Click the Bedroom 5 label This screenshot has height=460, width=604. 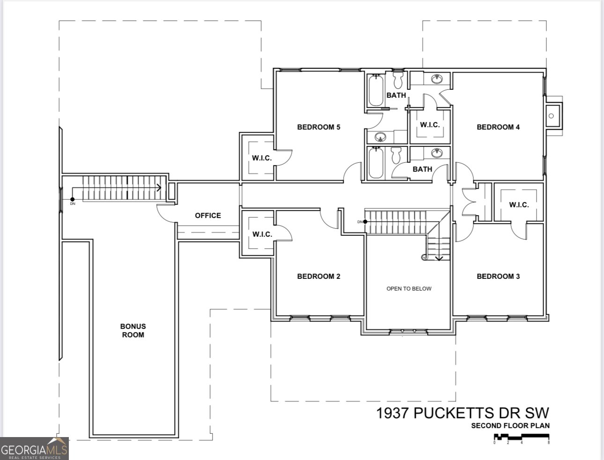point(318,127)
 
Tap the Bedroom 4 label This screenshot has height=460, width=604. point(498,127)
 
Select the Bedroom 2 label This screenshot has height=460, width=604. point(318,276)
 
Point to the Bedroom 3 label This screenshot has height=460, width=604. point(498,276)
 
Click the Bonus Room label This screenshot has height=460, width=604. point(133,330)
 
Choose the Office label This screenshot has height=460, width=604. point(208,215)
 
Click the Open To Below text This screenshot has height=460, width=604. point(409,289)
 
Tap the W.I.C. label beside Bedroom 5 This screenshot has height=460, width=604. point(262,158)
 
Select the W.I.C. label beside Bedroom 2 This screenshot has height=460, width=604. point(262,234)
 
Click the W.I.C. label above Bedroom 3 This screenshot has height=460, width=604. point(519,205)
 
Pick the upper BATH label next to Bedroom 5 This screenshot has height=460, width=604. point(396,95)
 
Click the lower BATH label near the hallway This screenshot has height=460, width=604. point(422,169)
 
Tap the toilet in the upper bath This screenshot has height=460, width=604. point(398,80)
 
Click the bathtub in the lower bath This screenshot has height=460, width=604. point(376,163)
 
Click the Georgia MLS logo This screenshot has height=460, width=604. point(35,448)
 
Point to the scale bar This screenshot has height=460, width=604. point(522,438)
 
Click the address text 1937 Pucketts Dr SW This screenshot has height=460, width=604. point(463,413)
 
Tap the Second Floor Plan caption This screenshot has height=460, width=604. point(510,426)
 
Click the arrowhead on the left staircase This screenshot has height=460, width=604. point(159,188)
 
